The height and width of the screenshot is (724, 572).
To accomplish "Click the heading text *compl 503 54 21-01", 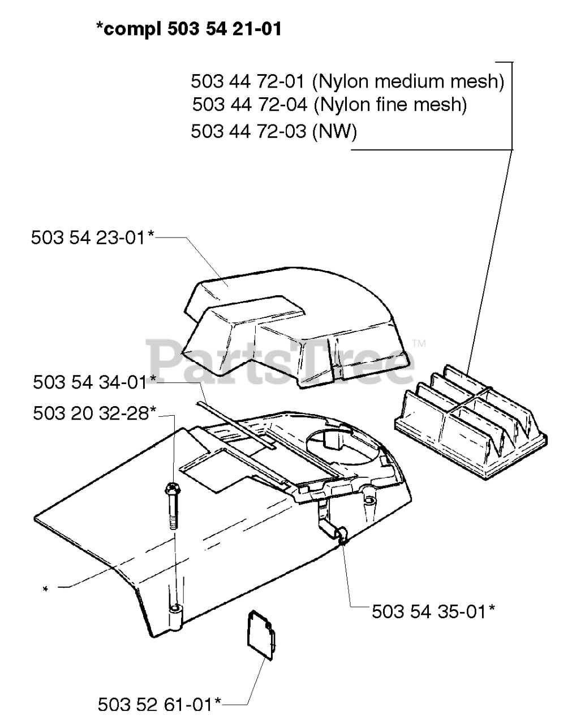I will click(x=188, y=29).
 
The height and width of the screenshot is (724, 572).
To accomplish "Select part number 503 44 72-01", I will click(x=249, y=81).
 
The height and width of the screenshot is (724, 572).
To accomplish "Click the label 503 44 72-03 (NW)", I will click(x=274, y=131).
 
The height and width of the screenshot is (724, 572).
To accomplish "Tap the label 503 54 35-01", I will click(x=433, y=611).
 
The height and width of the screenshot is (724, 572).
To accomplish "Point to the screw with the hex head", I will click(x=172, y=503).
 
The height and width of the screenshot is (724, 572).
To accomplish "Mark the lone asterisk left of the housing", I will click(x=46, y=590).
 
